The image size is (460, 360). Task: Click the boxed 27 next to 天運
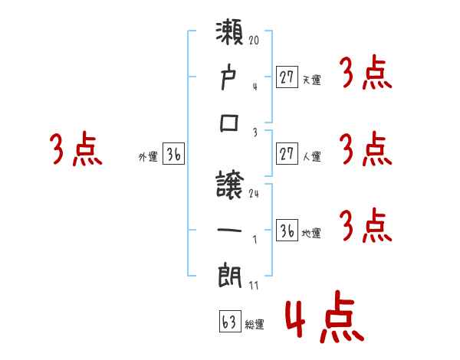287,77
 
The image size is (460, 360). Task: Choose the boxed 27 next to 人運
287,153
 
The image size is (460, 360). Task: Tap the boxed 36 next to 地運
287,231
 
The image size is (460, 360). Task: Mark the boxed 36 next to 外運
173,154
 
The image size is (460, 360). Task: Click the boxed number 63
229,321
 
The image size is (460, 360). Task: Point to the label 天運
311,80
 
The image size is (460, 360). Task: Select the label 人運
311,157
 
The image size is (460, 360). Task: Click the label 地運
311,234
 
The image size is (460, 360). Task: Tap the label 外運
147,157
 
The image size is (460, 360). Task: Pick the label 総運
255,325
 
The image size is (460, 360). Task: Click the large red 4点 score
323,321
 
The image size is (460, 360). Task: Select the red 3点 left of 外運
77,150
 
